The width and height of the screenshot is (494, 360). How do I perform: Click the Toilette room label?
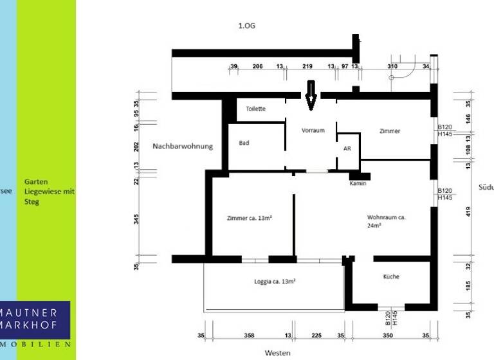(255, 109)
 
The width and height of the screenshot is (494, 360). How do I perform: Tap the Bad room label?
(244, 143)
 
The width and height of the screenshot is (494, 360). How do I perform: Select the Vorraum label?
(313, 130)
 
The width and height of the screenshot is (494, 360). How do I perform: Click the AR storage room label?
(347, 148)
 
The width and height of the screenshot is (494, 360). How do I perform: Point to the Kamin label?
(358, 184)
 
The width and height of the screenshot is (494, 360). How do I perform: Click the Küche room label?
(391, 276)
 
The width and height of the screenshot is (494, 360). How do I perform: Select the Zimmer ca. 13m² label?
(250, 218)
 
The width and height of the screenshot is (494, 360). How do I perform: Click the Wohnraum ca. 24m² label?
(386, 221)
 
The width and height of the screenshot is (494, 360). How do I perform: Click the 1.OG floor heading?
(247, 26)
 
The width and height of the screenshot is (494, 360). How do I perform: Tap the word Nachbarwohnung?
(182, 147)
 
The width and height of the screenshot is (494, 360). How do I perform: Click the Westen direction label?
(278, 353)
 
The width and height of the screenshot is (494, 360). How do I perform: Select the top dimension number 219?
(307, 67)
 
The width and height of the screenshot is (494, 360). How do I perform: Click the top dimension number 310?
(392, 67)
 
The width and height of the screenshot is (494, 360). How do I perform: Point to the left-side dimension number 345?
(136, 219)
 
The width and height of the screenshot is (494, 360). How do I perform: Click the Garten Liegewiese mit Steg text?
(49, 192)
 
